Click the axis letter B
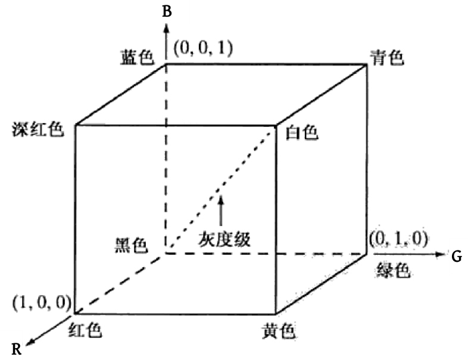[167, 12]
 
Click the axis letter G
[457, 256]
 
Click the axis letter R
[17, 349]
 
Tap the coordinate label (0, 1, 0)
[398, 238]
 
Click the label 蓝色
[137, 57]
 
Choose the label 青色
[387, 57]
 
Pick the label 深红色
[38, 130]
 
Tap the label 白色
[302, 132]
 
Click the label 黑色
[132, 246]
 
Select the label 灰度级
[224, 239]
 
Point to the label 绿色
[394, 270]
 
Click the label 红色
[85, 330]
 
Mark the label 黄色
[279, 331]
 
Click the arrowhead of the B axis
[167, 28]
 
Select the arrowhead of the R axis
[30, 342]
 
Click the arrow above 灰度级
[221, 210]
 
